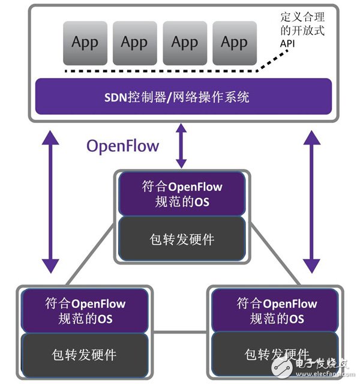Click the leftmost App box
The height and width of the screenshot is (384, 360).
(x=85, y=43)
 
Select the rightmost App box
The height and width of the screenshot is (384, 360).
(x=234, y=43)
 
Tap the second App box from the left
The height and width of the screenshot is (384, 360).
(x=134, y=43)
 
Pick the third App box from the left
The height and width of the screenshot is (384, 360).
(x=184, y=43)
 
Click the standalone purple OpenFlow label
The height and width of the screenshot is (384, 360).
(x=123, y=146)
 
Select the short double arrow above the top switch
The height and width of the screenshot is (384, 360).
(x=181, y=145)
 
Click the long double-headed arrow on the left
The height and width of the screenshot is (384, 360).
(x=50, y=201)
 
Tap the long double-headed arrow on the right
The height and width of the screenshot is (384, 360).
(x=311, y=201)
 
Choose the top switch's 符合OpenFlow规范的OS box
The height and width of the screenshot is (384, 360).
(x=182, y=194)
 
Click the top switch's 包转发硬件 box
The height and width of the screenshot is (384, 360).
(x=182, y=239)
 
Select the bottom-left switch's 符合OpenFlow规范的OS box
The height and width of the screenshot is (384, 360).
(x=85, y=310)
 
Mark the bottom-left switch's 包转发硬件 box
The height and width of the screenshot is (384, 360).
(x=85, y=355)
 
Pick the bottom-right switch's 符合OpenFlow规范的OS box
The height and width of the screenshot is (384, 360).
(x=276, y=310)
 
